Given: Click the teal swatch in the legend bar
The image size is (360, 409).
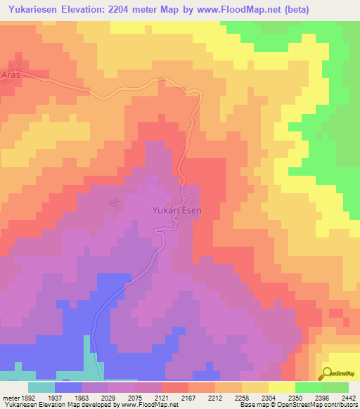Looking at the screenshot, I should coord(41,387).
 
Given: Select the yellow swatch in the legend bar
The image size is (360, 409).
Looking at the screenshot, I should coord(282,387).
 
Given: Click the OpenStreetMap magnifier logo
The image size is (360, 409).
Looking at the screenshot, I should coord(327,374).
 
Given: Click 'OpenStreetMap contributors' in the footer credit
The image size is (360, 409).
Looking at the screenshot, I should coord(324,405).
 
